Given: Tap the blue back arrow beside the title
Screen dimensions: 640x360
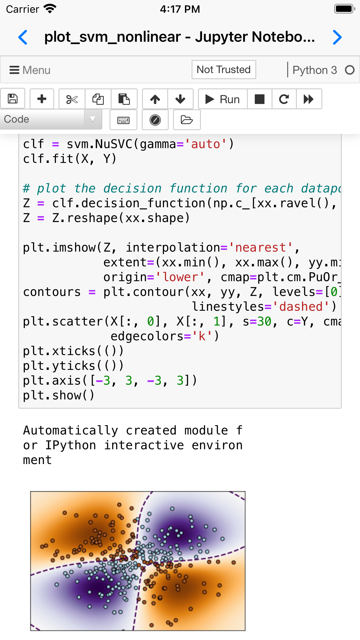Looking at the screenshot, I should pos(23,37).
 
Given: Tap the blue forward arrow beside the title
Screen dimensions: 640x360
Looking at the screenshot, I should pos(337,37).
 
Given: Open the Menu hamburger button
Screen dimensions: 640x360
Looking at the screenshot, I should pos(30,70).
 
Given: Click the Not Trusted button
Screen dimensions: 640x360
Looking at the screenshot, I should pos(223,70).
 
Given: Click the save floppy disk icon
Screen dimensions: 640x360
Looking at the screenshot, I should pos(13,99).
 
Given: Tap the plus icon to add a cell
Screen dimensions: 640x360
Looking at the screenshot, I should pos(42,99).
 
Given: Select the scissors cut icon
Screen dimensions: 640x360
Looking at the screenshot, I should pos(72,99).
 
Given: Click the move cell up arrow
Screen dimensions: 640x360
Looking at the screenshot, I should pos(155,99).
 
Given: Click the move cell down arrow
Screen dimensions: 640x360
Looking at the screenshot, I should pos(180,99).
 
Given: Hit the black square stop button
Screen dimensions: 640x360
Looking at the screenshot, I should pos(259,99).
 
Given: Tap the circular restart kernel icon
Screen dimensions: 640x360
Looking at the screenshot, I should pos(284,99).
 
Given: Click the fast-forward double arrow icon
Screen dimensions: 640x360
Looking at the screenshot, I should pos(308,99).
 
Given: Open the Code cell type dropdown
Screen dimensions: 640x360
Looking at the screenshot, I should pos(51,119).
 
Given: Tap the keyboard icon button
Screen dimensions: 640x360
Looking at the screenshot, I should pos(123,120).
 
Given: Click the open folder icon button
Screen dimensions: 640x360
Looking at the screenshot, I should pos(187,120).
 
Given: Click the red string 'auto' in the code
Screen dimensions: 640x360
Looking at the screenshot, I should pos(206,144).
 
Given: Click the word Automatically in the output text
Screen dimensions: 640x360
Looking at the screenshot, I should pos(71,430).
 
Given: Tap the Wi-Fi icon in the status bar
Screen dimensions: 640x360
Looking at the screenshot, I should pos(50,9).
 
